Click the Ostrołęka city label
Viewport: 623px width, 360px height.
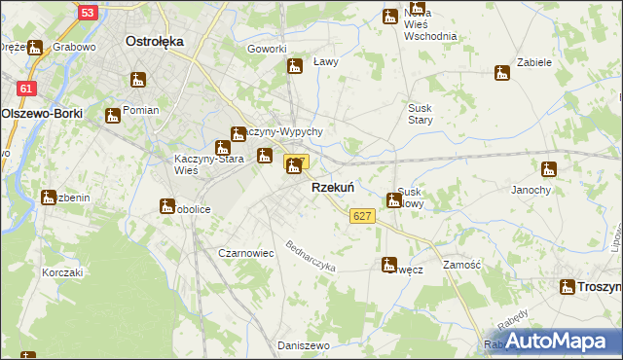pyautogui.click(x=156, y=42)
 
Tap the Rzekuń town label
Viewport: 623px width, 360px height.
pyautogui.click(x=331, y=187)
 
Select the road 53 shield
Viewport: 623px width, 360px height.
pyautogui.click(x=88, y=13)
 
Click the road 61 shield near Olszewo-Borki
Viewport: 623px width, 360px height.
pyautogui.click(x=26, y=89)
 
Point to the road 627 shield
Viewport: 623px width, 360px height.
pyautogui.click(x=362, y=216)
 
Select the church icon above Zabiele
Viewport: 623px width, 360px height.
pyautogui.click(x=502, y=72)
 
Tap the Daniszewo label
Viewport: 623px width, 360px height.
pyautogui.click(x=304, y=345)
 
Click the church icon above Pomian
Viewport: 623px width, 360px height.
pyautogui.click(x=113, y=116)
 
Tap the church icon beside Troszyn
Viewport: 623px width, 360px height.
pyautogui.click(x=568, y=286)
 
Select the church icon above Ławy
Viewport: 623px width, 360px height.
pyautogui.click(x=294, y=66)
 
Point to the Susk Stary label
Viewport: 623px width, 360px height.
pyautogui.click(x=421, y=113)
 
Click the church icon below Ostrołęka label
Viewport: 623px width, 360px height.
pyautogui.click(x=137, y=79)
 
